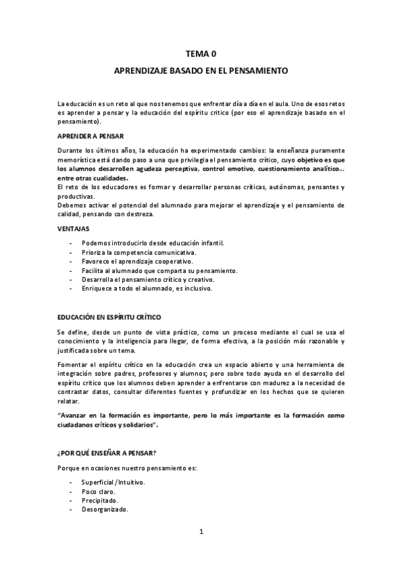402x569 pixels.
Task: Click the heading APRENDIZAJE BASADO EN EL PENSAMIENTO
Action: pos(201,70)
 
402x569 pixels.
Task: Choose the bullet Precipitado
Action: pos(99,500)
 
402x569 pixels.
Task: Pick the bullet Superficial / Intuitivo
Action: pos(113,482)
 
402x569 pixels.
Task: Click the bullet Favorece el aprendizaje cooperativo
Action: pos(137,261)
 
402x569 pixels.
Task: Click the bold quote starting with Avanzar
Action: pos(201,420)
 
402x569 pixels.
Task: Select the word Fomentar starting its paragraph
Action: pos(73,364)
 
